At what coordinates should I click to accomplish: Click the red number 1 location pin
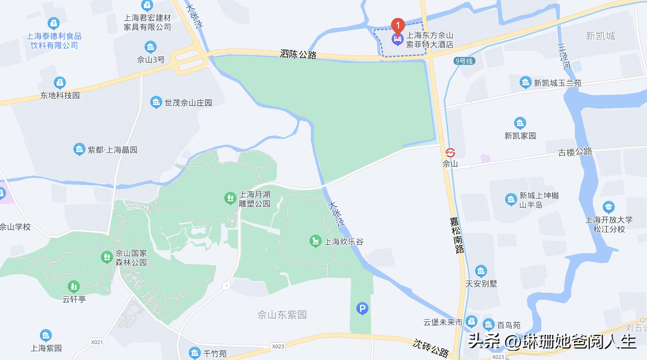pos(398,25)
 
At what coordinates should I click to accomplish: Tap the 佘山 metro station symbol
pos(450,153)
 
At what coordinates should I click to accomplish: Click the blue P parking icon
pos(362,308)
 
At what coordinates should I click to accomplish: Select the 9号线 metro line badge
pos(464,61)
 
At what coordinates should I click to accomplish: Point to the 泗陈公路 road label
pos(298,54)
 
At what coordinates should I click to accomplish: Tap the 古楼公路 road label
pos(575,152)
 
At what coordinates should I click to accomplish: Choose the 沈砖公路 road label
pos(431,348)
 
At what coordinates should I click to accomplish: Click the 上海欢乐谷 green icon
pos(315,241)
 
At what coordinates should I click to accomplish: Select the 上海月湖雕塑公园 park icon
pos(230,199)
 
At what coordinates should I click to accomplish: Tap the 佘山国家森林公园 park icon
pos(107,257)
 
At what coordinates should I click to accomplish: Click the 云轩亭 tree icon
pos(73,286)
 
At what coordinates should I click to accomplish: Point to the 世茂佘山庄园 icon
pos(156,102)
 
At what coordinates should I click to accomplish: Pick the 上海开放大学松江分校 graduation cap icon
pos(608,207)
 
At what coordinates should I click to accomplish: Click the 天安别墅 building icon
pos(481,271)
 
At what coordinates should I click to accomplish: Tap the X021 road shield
pos(97,342)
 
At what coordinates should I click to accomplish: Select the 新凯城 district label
pos(600,36)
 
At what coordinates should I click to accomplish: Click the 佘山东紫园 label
pos(282,315)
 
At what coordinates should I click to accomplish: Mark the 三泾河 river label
pos(564,57)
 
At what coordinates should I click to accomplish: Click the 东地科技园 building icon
pos(60,83)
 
